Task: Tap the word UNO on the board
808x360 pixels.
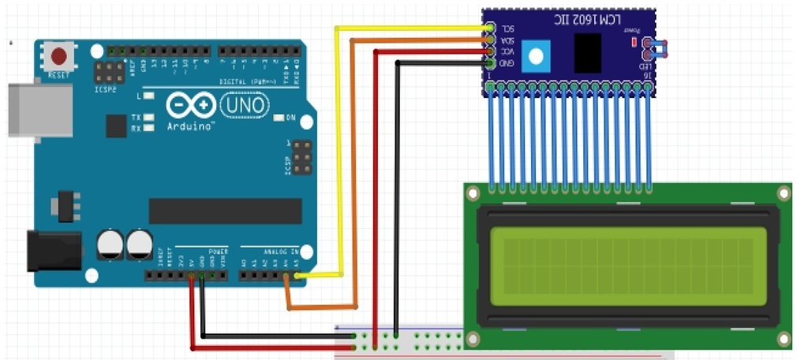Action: pos(245,103)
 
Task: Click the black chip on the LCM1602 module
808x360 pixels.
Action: pos(587,53)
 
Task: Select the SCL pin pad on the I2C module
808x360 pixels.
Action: pos(490,28)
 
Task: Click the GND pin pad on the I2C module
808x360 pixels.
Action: pos(490,63)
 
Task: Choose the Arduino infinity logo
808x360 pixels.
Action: pos(190,106)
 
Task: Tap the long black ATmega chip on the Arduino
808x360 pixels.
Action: pos(225,211)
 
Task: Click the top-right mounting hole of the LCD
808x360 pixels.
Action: pos(783,193)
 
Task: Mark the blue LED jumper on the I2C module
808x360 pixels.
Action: pos(656,50)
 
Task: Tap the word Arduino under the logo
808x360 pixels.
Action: pos(189,126)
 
